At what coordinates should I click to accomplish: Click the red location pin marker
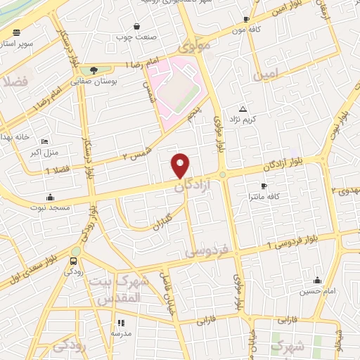(181, 165)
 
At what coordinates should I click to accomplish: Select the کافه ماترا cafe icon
(264, 186)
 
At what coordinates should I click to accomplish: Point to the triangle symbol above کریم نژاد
(243, 109)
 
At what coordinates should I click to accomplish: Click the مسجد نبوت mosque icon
(49, 197)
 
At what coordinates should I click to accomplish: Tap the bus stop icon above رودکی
(73, 262)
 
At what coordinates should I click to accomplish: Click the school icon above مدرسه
(118, 323)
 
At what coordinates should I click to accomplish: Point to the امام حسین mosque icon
(317, 280)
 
